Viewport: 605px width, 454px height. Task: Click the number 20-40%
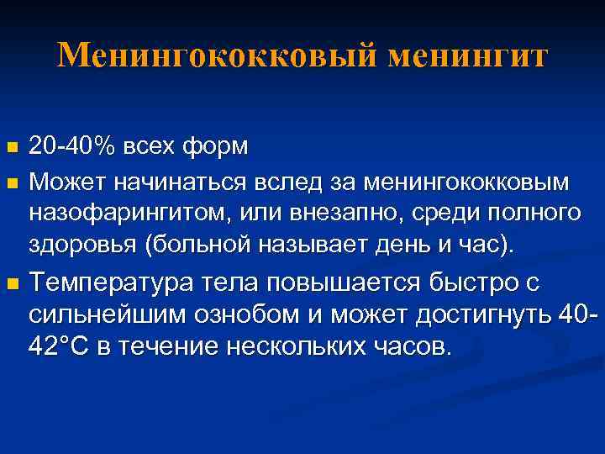[x=71, y=147]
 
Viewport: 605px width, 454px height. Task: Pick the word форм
[x=213, y=147]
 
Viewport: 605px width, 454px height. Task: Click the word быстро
[x=450, y=283]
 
